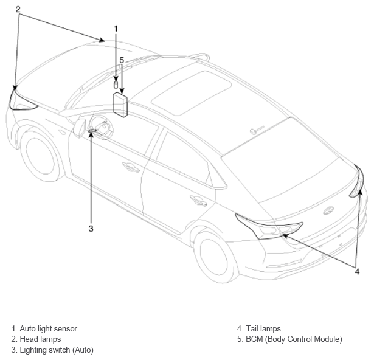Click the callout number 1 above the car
116,29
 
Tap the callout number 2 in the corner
18,9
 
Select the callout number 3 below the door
91,229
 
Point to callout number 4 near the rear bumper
357,271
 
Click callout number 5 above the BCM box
122,60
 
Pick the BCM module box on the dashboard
120,105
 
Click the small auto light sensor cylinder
116,85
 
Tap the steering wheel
102,126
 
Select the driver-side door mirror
79,128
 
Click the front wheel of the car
41,155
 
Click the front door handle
131,167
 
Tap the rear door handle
198,201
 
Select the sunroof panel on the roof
192,93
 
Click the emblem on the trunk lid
328,210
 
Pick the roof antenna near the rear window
257,130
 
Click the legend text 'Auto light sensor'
49,328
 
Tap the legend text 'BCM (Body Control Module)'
294,339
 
